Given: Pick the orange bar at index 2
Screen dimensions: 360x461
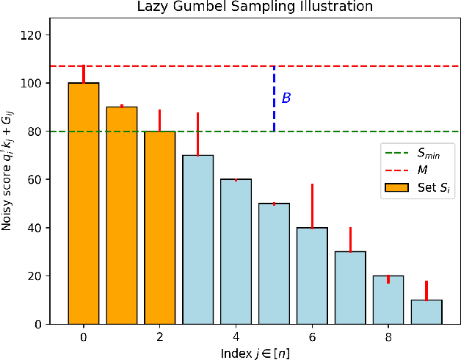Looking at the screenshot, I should [160, 228].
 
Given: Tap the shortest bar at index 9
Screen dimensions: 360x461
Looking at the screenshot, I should [426, 312].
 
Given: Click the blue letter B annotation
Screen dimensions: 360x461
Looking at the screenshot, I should [286, 98].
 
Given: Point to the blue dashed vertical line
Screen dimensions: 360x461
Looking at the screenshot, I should [274, 98].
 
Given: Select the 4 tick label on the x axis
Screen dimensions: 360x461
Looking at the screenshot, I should [236, 336].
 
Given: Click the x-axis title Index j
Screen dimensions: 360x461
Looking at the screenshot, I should [255, 352].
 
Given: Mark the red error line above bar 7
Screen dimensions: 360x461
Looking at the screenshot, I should [350, 240].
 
